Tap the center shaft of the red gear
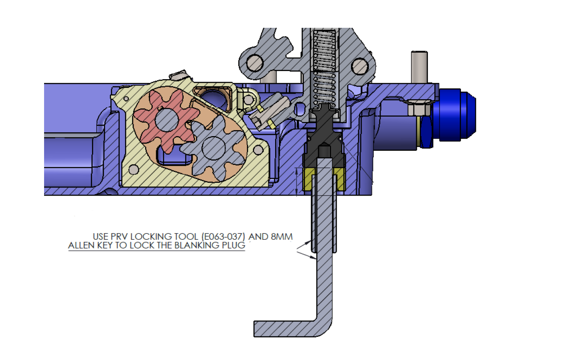(x=167, y=120)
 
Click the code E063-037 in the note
(x=223, y=237)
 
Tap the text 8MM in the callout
(x=282, y=237)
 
